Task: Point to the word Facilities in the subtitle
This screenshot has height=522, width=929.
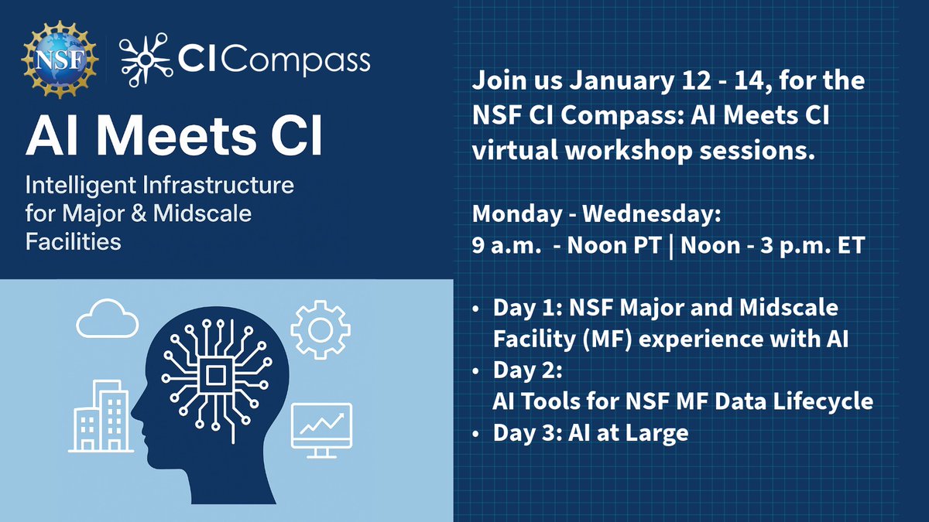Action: (x=74, y=241)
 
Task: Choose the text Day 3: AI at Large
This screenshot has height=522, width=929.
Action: (x=590, y=432)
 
